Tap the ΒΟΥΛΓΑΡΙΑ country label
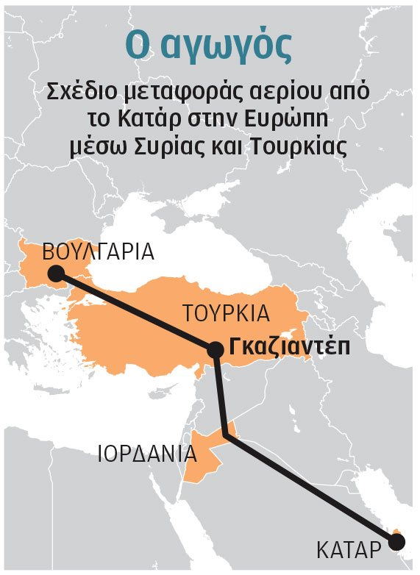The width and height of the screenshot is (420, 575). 99,252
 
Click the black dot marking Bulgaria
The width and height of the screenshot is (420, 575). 55,274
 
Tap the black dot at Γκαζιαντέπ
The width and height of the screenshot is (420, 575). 215,350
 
